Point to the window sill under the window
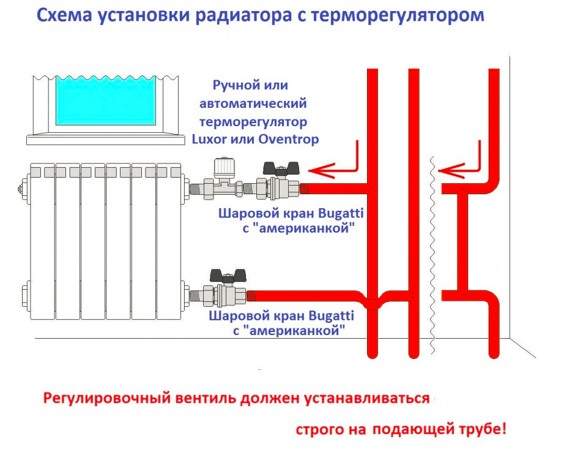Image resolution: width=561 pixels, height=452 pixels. pyautogui.click(x=106, y=140)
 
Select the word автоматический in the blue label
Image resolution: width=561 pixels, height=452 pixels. pyautogui.click(x=253, y=104)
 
